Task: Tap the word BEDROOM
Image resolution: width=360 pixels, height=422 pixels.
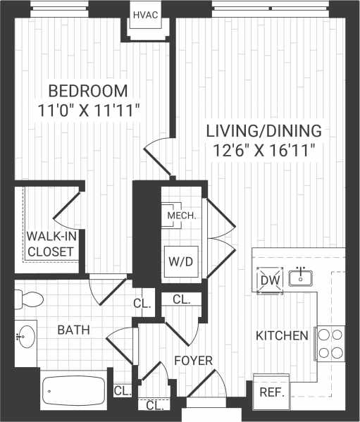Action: [x=88, y=91]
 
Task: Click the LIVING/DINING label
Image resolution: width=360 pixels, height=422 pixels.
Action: [x=263, y=130]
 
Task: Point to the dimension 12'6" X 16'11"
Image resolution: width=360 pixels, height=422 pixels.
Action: [x=263, y=149]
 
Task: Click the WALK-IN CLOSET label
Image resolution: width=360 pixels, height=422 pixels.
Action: [x=51, y=243]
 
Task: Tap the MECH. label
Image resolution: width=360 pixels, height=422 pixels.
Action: [x=181, y=215]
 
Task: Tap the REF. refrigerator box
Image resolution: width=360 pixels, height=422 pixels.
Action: [x=272, y=392]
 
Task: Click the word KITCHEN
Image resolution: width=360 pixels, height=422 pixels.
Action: [x=282, y=335]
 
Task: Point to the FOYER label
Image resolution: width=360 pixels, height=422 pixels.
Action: [x=193, y=361]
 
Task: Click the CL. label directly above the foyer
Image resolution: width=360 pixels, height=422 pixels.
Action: [x=181, y=299]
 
